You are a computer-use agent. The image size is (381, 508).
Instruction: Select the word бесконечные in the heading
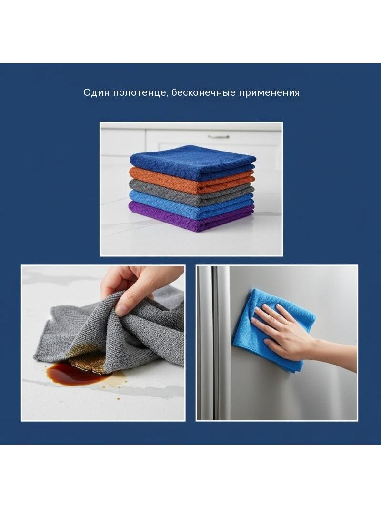tap(203, 92)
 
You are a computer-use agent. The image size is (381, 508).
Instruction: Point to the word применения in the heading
tap(270, 93)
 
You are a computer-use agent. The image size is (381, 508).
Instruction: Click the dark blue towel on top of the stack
tap(192, 162)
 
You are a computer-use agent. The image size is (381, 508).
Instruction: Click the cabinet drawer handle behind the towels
tap(219, 137)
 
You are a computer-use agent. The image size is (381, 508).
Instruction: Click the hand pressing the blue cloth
tap(281, 330)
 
